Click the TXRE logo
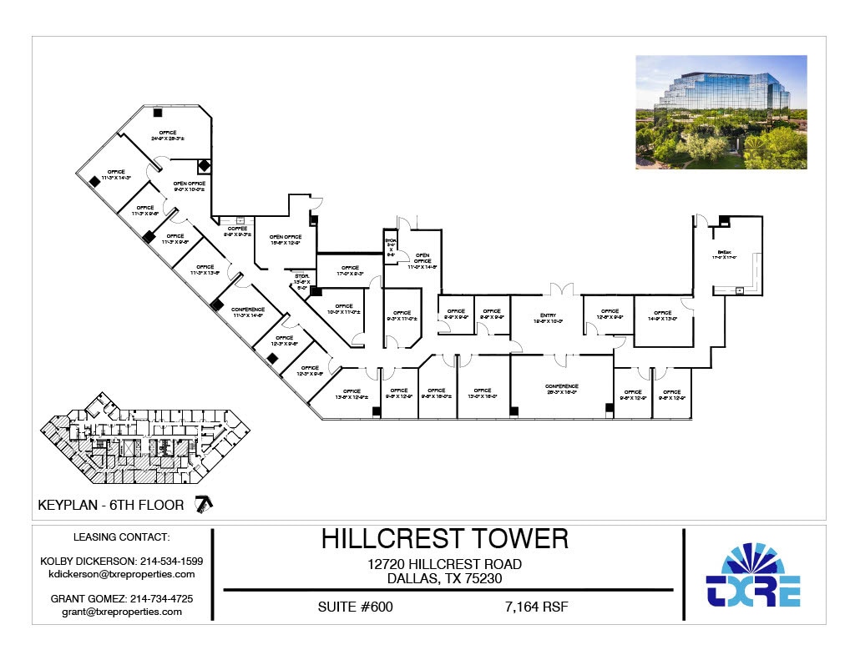(x=753, y=576)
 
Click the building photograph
(x=721, y=112)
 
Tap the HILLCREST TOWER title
(x=445, y=539)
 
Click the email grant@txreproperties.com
(x=122, y=612)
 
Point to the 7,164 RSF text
(x=537, y=607)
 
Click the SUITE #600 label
(x=356, y=607)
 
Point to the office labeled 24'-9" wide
(x=169, y=136)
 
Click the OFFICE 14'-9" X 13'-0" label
(x=663, y=315)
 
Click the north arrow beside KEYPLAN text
(x=203, y=503)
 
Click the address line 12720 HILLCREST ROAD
(x=445, y=564)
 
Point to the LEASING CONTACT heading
(x=122, y=537)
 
